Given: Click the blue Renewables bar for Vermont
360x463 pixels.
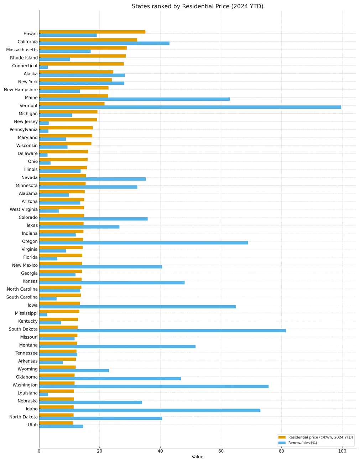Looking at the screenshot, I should tap(190, 107).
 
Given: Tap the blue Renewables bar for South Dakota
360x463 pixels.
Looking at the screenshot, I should tap(162, 331).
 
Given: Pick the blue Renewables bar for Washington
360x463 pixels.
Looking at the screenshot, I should tap(154, 387).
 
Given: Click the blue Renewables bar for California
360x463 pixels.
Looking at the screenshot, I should tap(104, 43).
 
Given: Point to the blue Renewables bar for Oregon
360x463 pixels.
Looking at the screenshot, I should tap(144, 243).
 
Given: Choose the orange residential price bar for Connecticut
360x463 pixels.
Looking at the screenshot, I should tap(82, 64).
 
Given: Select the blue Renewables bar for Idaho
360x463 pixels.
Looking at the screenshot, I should tap(150, 411).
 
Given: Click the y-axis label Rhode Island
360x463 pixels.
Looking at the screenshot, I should tap(24, 58).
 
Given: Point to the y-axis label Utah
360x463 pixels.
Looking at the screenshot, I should tap(32, 425).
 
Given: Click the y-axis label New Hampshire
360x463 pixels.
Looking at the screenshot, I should tap(21, 90).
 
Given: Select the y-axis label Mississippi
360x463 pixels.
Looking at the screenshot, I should tap(26, 313).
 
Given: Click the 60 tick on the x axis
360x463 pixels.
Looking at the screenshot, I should tap(221, 451).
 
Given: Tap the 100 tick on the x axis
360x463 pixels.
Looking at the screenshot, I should tap(342, 451).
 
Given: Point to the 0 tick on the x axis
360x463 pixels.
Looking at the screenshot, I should tap(39, 451).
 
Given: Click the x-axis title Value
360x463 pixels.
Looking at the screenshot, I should tap(197, 457).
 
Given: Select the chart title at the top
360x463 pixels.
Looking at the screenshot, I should tap(197, 6).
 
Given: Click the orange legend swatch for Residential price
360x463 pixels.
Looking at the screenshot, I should tap(282, 437).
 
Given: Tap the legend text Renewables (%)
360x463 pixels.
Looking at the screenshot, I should tap(302, 443).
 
